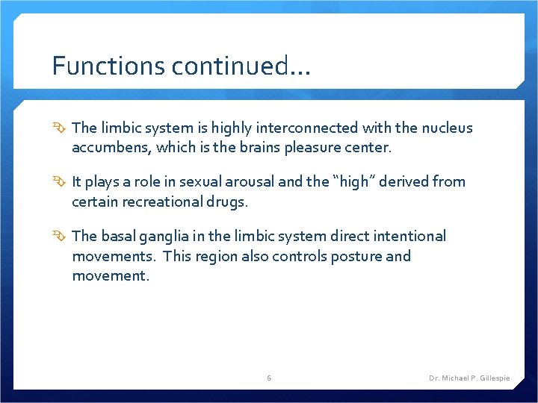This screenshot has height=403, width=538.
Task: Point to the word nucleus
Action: coord(446,128)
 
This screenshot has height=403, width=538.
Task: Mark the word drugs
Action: coord(229,201)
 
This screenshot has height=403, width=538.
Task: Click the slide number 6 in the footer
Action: coord(269,378)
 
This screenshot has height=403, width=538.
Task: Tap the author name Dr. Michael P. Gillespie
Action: coord(469,378)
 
